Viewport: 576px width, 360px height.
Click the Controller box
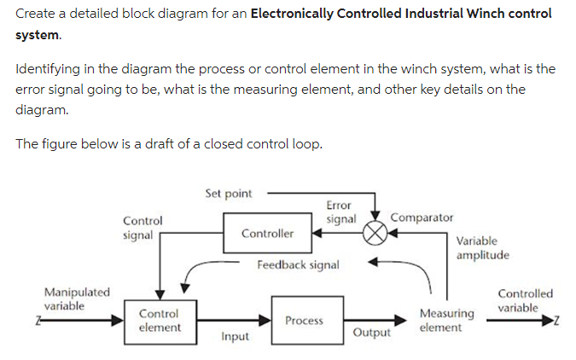pos(267,233)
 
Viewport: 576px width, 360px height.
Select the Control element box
pos(160,321)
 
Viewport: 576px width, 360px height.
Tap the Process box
pos(305,321)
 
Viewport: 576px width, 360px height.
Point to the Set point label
pos(228,194)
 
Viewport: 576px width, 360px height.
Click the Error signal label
pos(340,212)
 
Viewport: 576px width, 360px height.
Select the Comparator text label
pos(422,218)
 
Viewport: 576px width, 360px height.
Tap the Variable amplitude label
pos(482,248)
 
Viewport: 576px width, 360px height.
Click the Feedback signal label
pos(298,265)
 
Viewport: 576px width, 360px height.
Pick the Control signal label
pos(138,228)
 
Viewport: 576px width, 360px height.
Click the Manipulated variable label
pos(77,299)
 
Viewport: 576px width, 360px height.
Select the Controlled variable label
pos(525,300)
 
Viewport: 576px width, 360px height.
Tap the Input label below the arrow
pos(235,337)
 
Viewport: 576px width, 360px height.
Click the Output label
pos(371,333)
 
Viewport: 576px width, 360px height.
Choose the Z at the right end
pos(557,321)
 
